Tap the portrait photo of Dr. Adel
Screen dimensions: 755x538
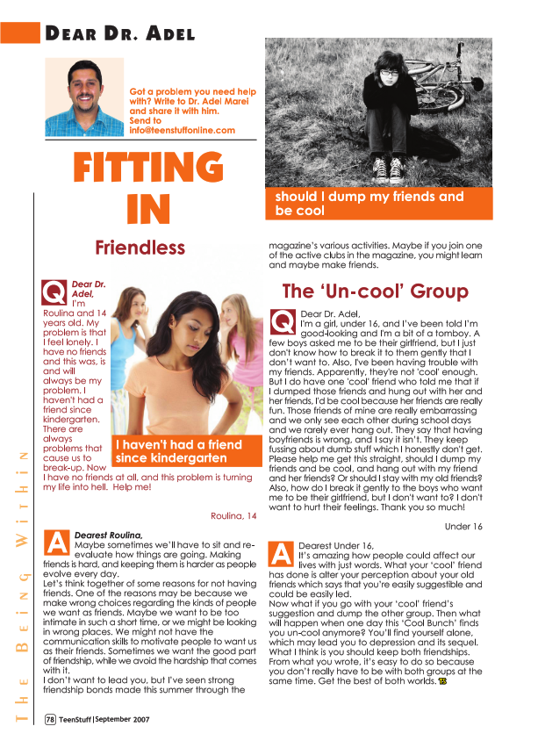84,96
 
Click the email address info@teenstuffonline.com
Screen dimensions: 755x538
183,130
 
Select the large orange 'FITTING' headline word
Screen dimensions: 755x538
147,168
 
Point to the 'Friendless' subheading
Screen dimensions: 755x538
140,247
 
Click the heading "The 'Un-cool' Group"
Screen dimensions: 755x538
375,291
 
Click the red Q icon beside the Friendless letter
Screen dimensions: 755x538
54,290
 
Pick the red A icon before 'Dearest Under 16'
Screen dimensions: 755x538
283,554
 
